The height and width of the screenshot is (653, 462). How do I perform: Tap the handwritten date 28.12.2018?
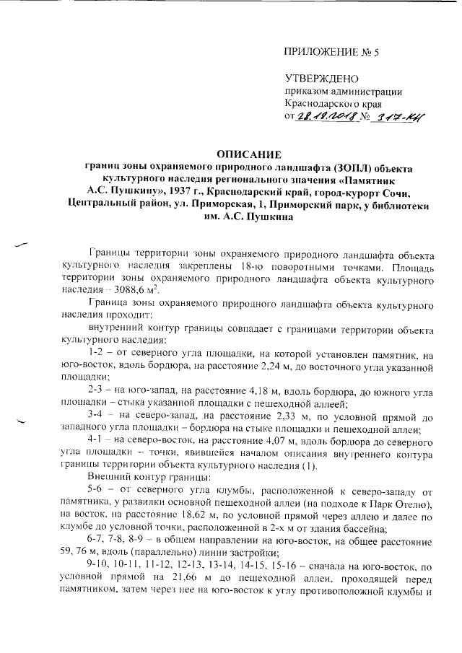[x=328, y=117]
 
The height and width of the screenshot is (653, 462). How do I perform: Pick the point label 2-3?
[x=95, y=390]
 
